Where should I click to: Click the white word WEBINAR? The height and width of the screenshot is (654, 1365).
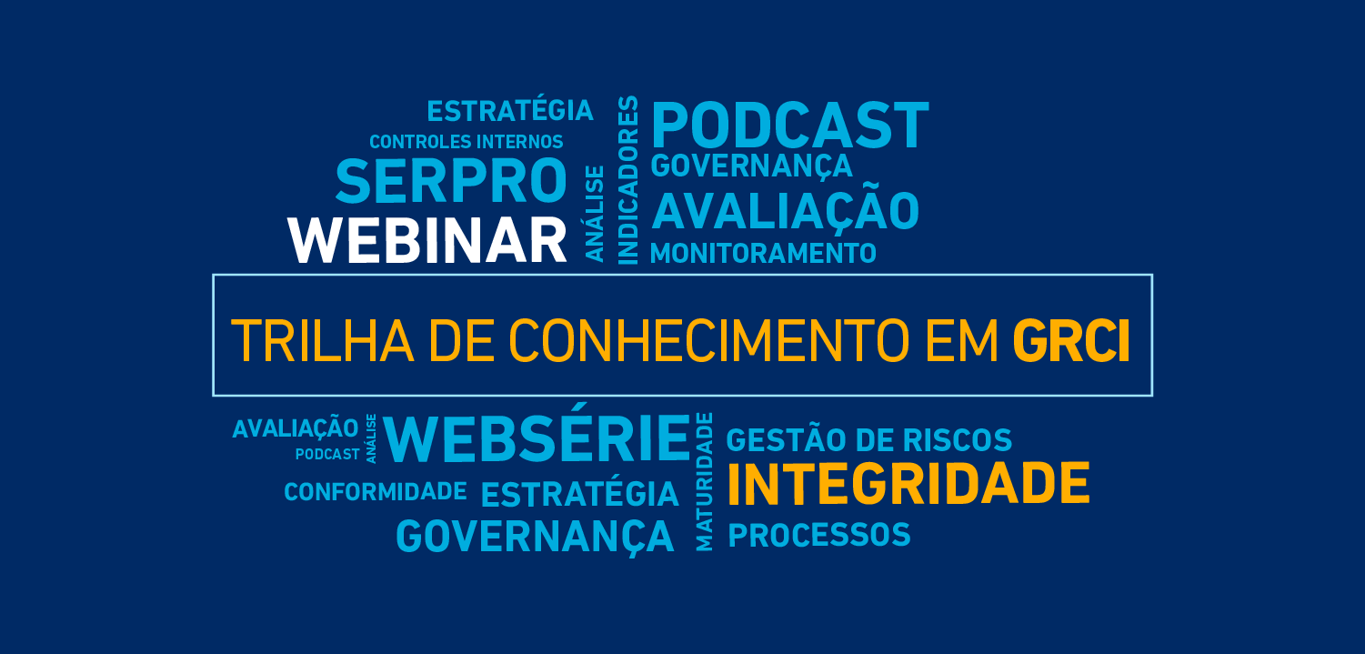pos(427,240)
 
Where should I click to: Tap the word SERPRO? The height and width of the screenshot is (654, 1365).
pos(452,181)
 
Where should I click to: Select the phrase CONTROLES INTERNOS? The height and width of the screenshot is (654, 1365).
pos(467,142)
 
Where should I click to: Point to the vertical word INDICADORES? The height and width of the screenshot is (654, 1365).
pos(628,180)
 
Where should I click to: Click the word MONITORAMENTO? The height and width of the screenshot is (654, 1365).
pos(764,254)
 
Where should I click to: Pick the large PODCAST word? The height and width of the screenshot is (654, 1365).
pos(790,126)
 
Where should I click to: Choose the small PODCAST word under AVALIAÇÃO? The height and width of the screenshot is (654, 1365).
pos(327,454)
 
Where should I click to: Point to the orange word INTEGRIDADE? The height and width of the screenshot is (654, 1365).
pos(909,484)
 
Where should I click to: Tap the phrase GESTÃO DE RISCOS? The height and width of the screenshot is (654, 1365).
pos(869,440)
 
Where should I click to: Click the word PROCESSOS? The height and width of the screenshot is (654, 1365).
pos(819,535)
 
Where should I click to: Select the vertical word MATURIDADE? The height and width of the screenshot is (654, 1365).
pos(704,481)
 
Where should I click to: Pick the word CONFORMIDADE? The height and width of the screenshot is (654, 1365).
pos(376,491)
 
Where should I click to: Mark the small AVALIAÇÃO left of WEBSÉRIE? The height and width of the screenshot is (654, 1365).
pos(295,428)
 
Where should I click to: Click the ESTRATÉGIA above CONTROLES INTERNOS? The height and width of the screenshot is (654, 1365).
pos(510,110)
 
